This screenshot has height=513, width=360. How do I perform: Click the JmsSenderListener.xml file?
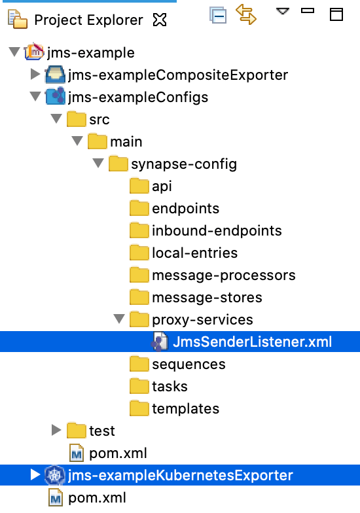tap(252, 342)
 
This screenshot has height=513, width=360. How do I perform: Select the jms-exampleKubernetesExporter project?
tap(181, 475)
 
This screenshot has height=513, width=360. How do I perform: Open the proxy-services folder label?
tap(202, 320)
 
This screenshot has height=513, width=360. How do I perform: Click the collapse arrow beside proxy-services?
tap(119, 318)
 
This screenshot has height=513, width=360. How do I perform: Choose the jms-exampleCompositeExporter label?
tap(178, 75)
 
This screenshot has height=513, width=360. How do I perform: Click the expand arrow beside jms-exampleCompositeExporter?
tap(35, 74)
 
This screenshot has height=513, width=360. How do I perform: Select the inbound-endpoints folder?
tap(217, 230)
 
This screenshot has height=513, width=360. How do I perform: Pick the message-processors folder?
tap(224, 275)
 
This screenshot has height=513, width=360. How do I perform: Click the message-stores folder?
tap(207, 298)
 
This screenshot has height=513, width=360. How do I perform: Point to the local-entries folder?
tap(195, 253)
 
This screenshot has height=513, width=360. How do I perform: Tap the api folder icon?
tap(139, 186)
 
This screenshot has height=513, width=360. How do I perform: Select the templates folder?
tap(186, 409)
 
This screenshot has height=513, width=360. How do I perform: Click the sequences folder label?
tap(189, 364)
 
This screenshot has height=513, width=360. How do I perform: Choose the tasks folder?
tap(170, 386)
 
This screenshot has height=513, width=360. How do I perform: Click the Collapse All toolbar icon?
tap(218, 15)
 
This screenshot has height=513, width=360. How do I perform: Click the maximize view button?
tap(336, 14)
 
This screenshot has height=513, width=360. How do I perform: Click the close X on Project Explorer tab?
tap(160, 20)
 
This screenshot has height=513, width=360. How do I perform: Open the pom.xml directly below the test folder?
tap(118, 453)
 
